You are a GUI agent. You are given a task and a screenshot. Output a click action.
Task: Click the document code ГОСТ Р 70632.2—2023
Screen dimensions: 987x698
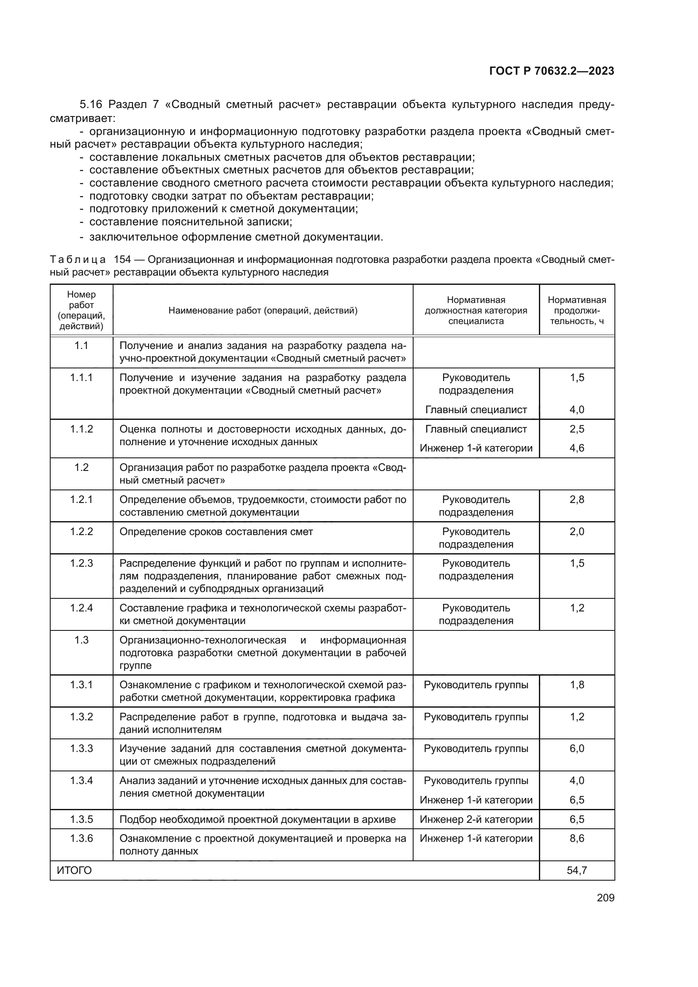[552, 71]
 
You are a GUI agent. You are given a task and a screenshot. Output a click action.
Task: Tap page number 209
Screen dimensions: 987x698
[605, 898]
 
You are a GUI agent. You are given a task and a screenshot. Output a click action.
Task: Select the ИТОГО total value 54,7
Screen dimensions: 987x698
[576, 870]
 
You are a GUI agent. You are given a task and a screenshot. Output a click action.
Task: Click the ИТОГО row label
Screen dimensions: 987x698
[74, 870]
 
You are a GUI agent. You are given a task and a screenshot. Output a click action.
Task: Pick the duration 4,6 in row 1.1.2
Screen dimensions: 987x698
[576, 448]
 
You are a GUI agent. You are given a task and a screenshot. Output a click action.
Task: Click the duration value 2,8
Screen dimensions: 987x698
[576, 500]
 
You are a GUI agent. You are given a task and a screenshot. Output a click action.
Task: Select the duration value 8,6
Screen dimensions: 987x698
[576, 838]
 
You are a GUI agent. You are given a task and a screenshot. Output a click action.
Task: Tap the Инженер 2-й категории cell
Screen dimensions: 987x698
[476, 819]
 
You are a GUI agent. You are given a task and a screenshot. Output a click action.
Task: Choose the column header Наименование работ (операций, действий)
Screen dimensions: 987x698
[262, 311]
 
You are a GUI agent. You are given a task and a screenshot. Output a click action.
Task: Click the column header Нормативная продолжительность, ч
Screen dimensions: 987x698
[576, 311]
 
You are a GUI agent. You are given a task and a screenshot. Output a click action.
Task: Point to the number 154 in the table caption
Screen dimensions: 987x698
[122, 260]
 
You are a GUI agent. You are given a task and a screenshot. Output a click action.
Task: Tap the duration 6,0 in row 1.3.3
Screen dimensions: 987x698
[576, 749]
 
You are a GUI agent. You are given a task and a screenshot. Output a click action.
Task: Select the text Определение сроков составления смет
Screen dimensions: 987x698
[216, 532]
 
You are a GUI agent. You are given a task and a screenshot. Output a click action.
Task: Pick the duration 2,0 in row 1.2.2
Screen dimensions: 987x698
[576, 532]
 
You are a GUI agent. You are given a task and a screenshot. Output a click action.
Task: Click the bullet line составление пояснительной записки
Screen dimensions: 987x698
[190, 222]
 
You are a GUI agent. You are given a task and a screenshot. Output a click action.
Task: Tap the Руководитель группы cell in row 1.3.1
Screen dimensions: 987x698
[476, 685]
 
